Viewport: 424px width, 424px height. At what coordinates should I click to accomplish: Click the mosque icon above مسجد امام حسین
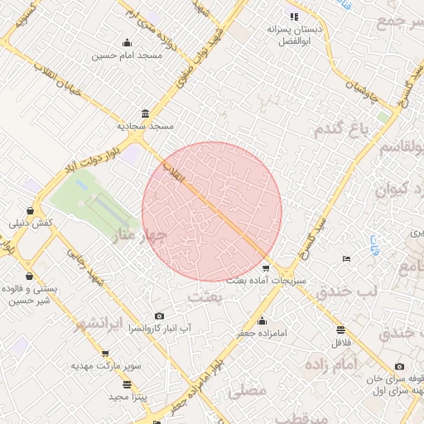127,44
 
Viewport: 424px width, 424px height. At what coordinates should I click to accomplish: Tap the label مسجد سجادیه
146,126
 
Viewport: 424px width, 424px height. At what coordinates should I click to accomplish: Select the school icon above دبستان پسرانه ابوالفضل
292,17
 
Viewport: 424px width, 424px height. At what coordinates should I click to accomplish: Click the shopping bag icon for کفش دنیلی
31,211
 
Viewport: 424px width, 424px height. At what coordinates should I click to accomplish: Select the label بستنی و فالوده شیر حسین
30,295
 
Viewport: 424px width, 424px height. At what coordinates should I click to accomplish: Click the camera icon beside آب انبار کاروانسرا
159,316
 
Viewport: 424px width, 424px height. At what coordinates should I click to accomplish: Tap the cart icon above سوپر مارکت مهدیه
105,354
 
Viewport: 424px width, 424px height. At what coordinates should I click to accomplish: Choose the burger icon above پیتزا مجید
127,385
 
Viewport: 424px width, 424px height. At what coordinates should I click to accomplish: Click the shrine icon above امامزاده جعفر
263,321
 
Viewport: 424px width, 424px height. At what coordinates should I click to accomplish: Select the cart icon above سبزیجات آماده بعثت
265,267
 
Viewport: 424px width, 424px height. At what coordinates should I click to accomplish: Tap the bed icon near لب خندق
346,259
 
